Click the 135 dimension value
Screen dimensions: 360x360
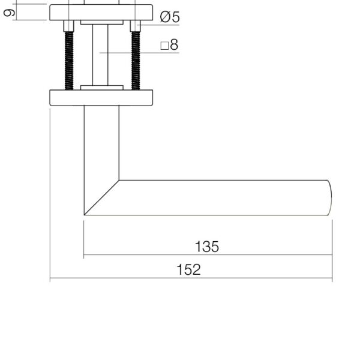(207, 247)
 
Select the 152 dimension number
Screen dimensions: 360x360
(189, 269)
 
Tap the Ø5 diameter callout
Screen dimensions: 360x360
(170, 17)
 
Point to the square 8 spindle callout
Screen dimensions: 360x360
(169, 44)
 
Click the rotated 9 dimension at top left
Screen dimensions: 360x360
(9, 13)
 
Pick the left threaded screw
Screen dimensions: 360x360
(69, 61)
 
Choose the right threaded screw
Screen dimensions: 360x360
(136, 61)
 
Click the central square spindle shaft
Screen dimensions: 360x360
(100, 55)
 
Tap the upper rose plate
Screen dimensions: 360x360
(101, 13)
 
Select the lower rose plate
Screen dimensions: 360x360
(101, 98)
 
